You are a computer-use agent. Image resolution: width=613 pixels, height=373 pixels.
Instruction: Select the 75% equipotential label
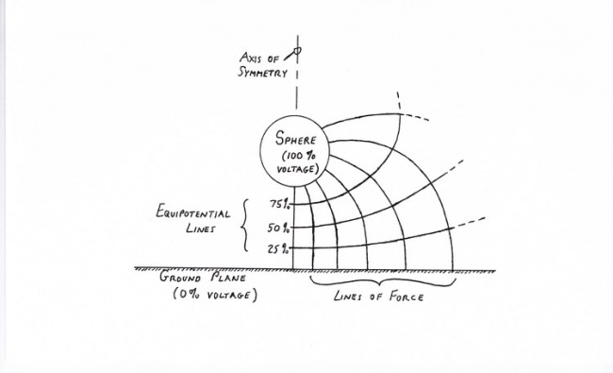[x=279, y=203]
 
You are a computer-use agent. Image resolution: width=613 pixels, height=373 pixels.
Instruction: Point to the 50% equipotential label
[x=279, y=228]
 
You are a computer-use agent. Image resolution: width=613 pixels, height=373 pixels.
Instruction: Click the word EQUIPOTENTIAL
[x=194, y=212]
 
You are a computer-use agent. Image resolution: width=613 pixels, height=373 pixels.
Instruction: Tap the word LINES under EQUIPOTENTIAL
[x=195, y=229]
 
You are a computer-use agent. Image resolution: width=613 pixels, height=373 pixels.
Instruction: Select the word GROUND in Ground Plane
[x=181, y=278]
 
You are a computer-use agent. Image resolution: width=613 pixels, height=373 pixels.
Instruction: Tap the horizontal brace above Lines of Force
[x=382, y=281]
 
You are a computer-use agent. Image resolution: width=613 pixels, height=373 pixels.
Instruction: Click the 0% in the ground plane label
[x=187, y=295]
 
